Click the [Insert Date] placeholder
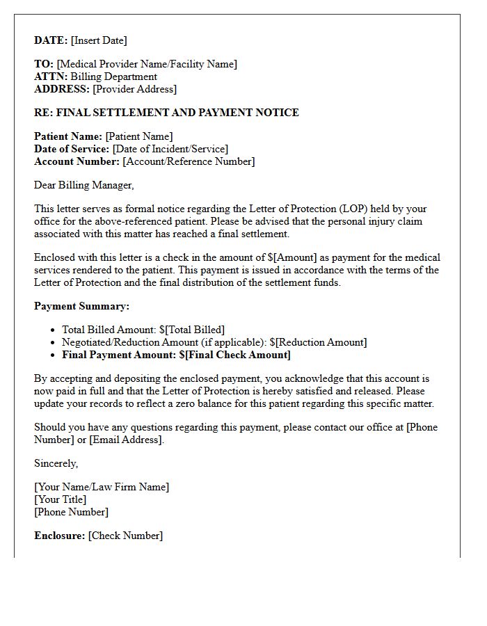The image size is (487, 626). pyautogui.click(x=99, y=40)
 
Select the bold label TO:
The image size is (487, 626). pyautogui.click(x=44, y=64)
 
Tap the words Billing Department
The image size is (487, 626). pyautogui.click(x=114, y=77)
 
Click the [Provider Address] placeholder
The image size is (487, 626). pyautogui.click(x=135, y=89)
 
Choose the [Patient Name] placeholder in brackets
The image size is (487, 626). pyautogui.click(x=139, y=136)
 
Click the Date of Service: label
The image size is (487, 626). pyautogui.click(x=72, y=149)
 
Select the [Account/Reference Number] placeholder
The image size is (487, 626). pyautogui.click(x=189, y=161)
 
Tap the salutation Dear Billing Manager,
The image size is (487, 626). pyautogui.click(x=83, y=185)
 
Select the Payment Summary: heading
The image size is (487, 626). pyautogui.click(x=81, y=306)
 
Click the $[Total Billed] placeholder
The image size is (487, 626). pyautogui.click(x=192, y=330)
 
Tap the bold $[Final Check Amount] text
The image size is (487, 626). pyautogui.click(x=234, y=355)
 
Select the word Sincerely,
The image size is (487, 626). pyautogui.click(x=56, y=463)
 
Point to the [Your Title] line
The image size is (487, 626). pyautogui.click(x=61, y=499)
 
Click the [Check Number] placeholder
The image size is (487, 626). pyautogui.click(x=125, y=536)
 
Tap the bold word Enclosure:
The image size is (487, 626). pyautogui.click(x=60, y=536)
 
